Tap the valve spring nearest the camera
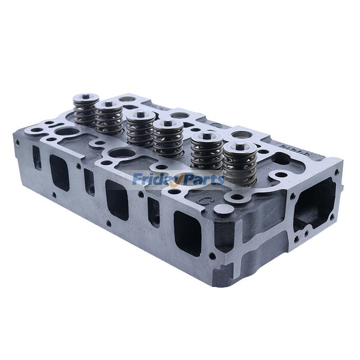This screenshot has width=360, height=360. (240, 165)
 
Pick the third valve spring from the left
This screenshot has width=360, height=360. (140, 130)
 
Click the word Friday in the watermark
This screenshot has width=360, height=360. (154, 179)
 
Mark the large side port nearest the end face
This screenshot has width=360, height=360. (186, 231)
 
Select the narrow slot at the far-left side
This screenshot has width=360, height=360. (36, 157)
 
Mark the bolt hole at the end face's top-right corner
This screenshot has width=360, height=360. (335, 171)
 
